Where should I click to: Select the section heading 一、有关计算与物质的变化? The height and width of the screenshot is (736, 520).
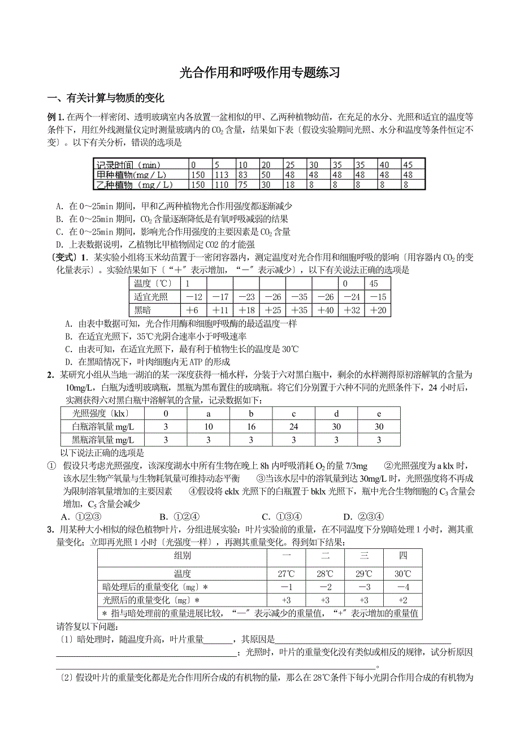(x=106, y=98)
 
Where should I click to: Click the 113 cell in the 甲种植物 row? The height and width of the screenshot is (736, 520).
(x=222, y=175)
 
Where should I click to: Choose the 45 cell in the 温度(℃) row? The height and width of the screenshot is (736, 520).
(x=373, y=283)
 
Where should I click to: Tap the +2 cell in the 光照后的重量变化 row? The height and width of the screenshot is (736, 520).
(x=403, y=600)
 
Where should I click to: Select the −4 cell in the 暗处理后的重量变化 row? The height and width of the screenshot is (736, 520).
(x=403, y=587)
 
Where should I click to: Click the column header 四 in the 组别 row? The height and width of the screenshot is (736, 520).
(x=403, y=556)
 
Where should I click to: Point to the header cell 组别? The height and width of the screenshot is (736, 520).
(x=182, y=556)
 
